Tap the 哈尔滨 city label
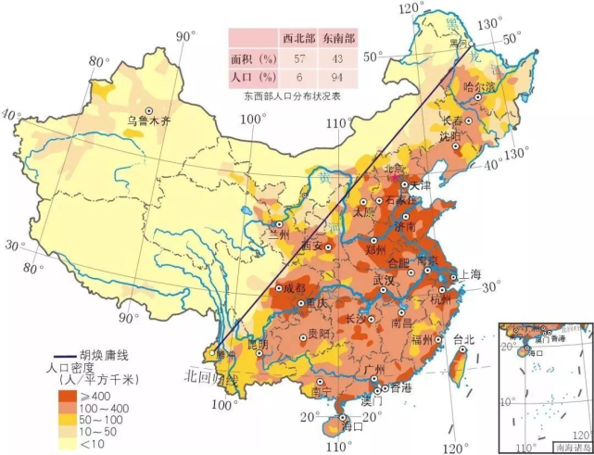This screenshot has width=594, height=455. (479, 87)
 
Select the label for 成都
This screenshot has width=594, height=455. (293, 288)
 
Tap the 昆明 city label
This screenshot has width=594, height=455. (257, 344)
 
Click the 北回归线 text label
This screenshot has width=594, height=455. (210, 378)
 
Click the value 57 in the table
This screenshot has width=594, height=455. (299, 57)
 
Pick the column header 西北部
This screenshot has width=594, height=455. (299, 38)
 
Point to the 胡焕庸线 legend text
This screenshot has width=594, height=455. (108, 355)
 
